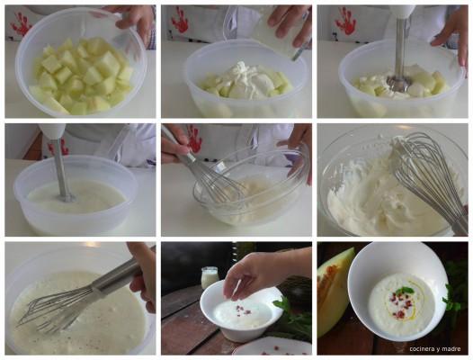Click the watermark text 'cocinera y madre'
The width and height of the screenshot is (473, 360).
(435, 349)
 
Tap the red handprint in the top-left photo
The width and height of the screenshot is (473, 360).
(21, 23)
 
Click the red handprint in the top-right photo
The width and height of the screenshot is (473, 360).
(345, 21)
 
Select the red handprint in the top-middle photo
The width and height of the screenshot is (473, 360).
(180, 19)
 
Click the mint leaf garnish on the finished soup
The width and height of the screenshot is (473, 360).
(404, 291)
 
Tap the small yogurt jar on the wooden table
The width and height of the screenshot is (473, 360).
(209, 277)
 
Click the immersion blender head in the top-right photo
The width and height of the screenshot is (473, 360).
(398, 83)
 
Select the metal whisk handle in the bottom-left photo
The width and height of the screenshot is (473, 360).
(116, 276)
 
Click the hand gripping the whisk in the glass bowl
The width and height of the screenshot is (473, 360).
(174, 142)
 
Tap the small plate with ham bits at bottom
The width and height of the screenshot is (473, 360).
(272, 346)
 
